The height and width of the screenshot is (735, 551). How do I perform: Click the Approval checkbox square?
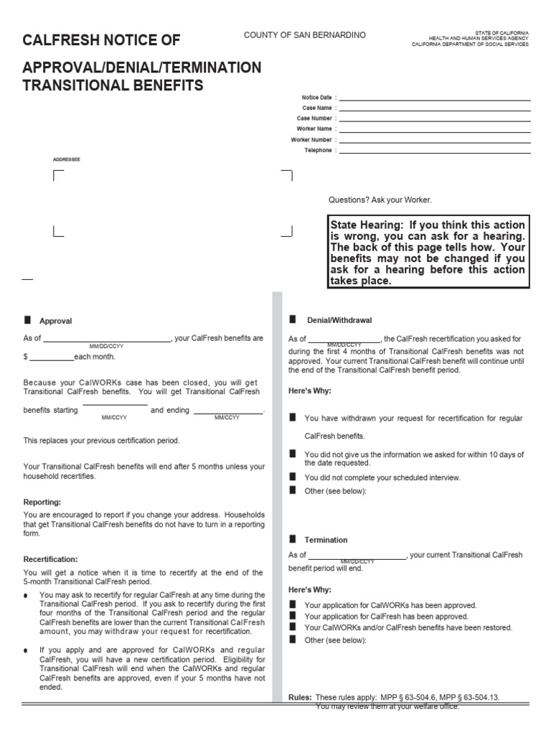click(28, 320)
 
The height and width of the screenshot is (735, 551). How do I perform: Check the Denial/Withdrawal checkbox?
click(293, 319)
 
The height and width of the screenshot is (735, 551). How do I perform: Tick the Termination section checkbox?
click(293, 538)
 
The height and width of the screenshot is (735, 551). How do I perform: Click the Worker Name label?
click(314, 128)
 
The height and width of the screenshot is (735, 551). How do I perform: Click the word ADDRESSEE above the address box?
click(67, 159)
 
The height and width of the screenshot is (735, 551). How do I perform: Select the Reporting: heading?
click(42, 502)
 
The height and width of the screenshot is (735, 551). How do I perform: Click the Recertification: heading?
click(50, 558)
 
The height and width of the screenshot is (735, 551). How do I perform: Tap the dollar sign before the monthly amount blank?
click(25, 357)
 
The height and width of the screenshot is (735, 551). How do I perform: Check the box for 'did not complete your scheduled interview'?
click(293, 476)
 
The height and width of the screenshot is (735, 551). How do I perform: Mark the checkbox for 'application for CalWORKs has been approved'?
click(293, 604)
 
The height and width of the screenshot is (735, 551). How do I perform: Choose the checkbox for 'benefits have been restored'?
click(293, 627)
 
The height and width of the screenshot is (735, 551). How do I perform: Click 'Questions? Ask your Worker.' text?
click(380, 200)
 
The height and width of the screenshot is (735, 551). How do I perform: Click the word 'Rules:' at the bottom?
click(300, 697)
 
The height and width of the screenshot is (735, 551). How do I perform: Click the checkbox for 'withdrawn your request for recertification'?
click(293, 417)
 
